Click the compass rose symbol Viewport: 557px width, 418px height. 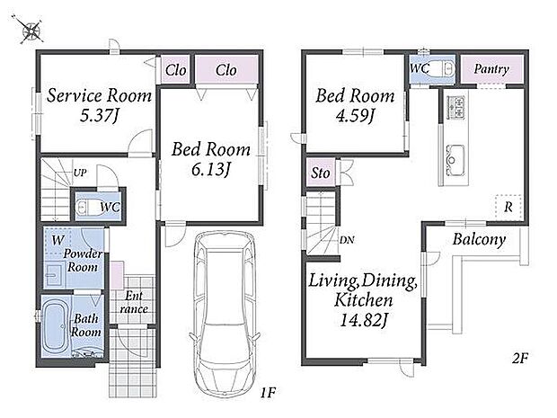pos(30,30)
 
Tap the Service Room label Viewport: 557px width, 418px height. pos(99,95)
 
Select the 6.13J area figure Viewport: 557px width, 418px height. pos(210,170)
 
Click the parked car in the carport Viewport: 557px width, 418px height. pos(225,313)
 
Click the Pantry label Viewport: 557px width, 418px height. pos(491,69)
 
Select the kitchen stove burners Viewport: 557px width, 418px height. pos(456,107)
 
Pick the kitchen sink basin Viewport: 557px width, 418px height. pos(455,160)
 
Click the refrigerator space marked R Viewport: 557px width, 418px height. pos(508,208)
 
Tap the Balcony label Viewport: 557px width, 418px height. pos(479,240)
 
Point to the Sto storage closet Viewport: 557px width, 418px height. pos(321,173)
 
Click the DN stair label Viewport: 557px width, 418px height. pos(347,240)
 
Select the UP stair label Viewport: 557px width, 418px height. pos(80,173)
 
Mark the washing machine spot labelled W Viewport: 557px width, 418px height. pos(57,240)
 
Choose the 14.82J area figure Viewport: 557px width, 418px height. pos(363,320)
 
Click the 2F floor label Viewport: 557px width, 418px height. pos(520,359)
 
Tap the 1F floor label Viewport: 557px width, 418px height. pos(268,393)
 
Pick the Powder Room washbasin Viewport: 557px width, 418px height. pos(54,275)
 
